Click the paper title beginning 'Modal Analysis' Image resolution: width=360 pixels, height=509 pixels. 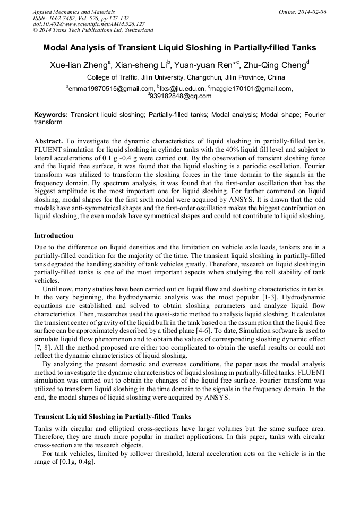(x=179, y=48)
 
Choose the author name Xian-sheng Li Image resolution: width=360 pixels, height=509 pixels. (x=142, y=66)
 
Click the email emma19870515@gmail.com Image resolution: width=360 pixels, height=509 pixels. (x=110, y=89)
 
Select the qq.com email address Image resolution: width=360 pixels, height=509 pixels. (x=180, y=96)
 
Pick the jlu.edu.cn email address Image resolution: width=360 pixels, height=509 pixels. (x=182, y=89)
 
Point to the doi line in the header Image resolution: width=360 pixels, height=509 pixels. (x=88, y=24)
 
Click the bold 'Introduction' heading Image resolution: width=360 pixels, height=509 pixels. (x=54, y=235)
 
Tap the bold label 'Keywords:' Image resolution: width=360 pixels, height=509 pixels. (x=51, y=114)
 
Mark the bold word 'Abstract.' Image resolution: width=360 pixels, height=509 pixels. (x=49, y=141)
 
